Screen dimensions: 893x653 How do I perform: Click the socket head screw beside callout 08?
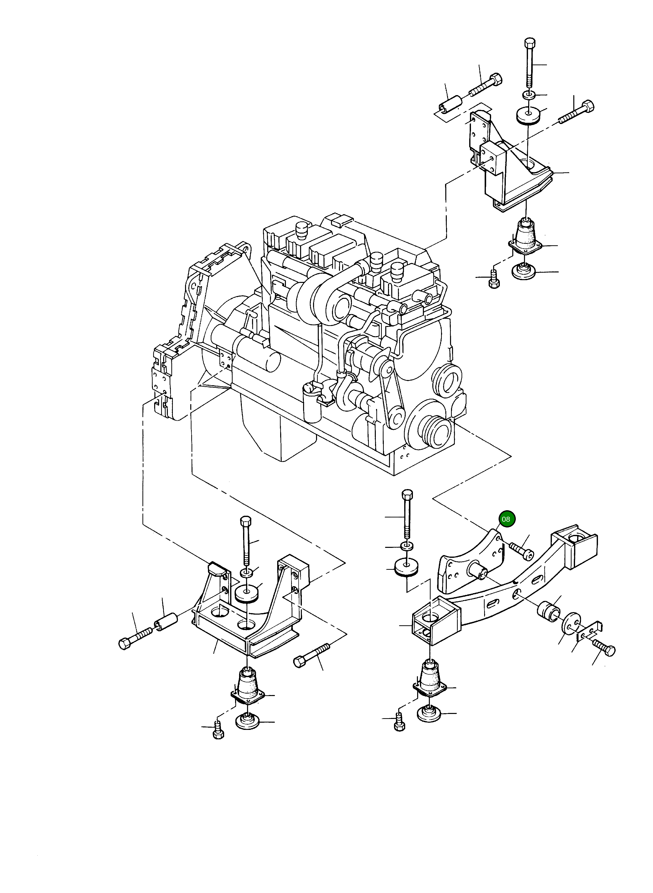point(522,550)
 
